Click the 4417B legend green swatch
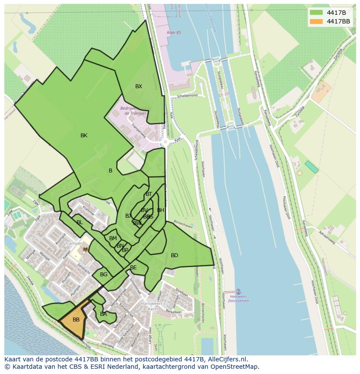pyautogui.click(x=316, y=12)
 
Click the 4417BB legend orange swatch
pyautogui.click(x=316, y=21)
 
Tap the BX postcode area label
pyautogui.click(x=138, y=86)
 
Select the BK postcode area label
pyautogui.click(x=84, y=136)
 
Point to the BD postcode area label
pyautogui.click(x=174, y=255)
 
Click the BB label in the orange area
pyautogui.click(x=76, y=320)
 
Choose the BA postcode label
pyautogui.click(x=103, y=314)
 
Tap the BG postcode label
pyautogui.click(x=103, y=275)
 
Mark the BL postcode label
pyautogui.click(x=80, y=222)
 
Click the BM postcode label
pyautogui.click(x=113, y=238)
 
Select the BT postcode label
pyautogui.click(x=149, y=194)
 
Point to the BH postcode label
pyautogui.click(x=160, y=210)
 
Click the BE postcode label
pyautogui.click(x=133, y=268)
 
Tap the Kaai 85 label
pyautogui.click(x=174, y=33)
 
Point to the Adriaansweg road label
pyautogui.click(x=327, y=238)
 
